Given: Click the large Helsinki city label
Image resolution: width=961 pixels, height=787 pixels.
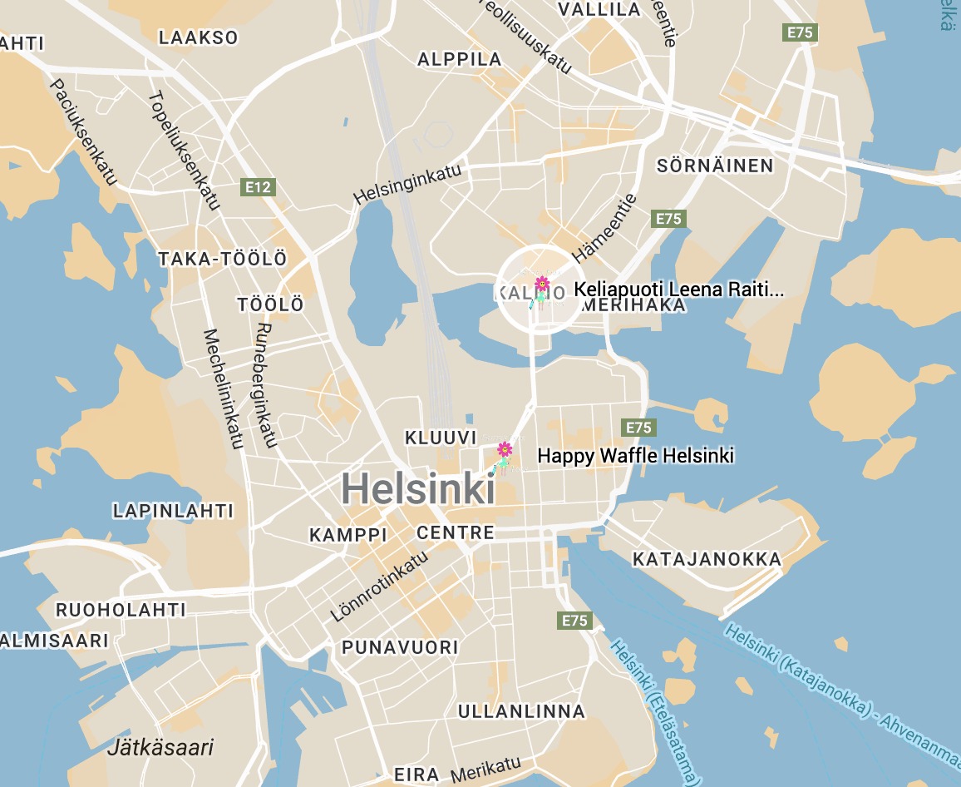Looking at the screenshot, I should pos(417,488).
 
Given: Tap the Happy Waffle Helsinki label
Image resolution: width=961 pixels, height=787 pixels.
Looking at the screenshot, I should pos(635,456).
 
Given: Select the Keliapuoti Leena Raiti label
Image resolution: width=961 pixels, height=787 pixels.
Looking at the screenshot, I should pos(678,290).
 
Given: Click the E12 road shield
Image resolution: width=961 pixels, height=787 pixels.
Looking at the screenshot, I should pos(258,187).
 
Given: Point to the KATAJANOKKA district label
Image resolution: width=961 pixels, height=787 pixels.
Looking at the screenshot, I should pos(707,559).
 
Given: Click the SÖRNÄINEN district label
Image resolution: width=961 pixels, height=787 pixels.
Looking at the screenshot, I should pos(715,166).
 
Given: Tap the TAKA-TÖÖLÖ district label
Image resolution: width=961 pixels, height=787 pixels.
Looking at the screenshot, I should pos(222,260).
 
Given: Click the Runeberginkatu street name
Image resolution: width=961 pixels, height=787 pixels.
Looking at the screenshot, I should pos(265,384).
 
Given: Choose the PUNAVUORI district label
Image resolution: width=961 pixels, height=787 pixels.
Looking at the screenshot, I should pos(400,646).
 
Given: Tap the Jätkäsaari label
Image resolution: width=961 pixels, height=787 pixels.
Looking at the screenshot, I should pos(160,746).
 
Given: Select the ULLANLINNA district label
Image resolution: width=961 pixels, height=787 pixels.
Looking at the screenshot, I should pos(521,711).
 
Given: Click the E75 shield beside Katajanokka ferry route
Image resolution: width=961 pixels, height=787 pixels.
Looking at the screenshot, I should pos(574,621).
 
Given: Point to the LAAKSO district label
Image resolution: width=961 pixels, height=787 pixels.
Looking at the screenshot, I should pos(198,37).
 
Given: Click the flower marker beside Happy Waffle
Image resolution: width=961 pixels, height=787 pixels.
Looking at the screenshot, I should pos(505,450).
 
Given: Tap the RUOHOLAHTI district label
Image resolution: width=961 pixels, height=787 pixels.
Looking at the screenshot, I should pos(121,610).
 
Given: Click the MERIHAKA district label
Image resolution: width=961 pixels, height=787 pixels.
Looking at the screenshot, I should pos(634,305).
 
